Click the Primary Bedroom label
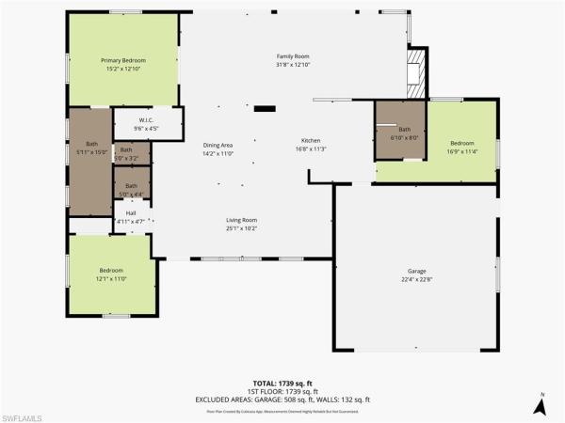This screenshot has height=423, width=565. pos(123,60)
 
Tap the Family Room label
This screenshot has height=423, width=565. pos(293,56)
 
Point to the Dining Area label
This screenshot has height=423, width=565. pos(218,145)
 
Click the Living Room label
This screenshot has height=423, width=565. pos(242,220)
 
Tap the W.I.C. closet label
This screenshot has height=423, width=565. pos(146,119)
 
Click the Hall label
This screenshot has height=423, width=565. pos(130,213)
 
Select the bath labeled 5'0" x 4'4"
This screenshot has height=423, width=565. pos(126,186)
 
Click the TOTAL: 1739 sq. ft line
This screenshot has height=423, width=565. pos(282,384)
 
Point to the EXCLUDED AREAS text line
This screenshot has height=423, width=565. pos(282,399)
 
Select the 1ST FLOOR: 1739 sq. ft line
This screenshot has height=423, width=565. pos(282,392)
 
